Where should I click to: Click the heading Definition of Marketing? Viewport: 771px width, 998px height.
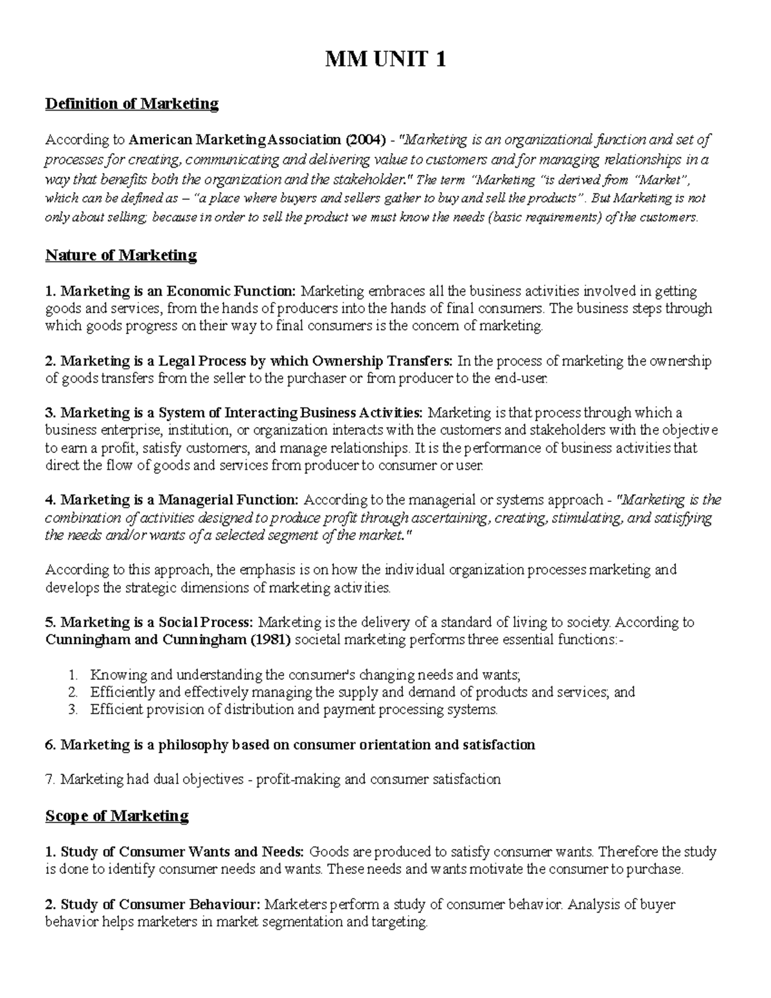coord(132,103)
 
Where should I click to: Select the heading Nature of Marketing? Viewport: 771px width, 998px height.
coord(121,255)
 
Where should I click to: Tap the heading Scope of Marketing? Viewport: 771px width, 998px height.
coord(117,815)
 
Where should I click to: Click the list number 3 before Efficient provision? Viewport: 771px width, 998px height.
coord(73,709)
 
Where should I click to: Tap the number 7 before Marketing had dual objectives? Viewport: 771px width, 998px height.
coord(49,780)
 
